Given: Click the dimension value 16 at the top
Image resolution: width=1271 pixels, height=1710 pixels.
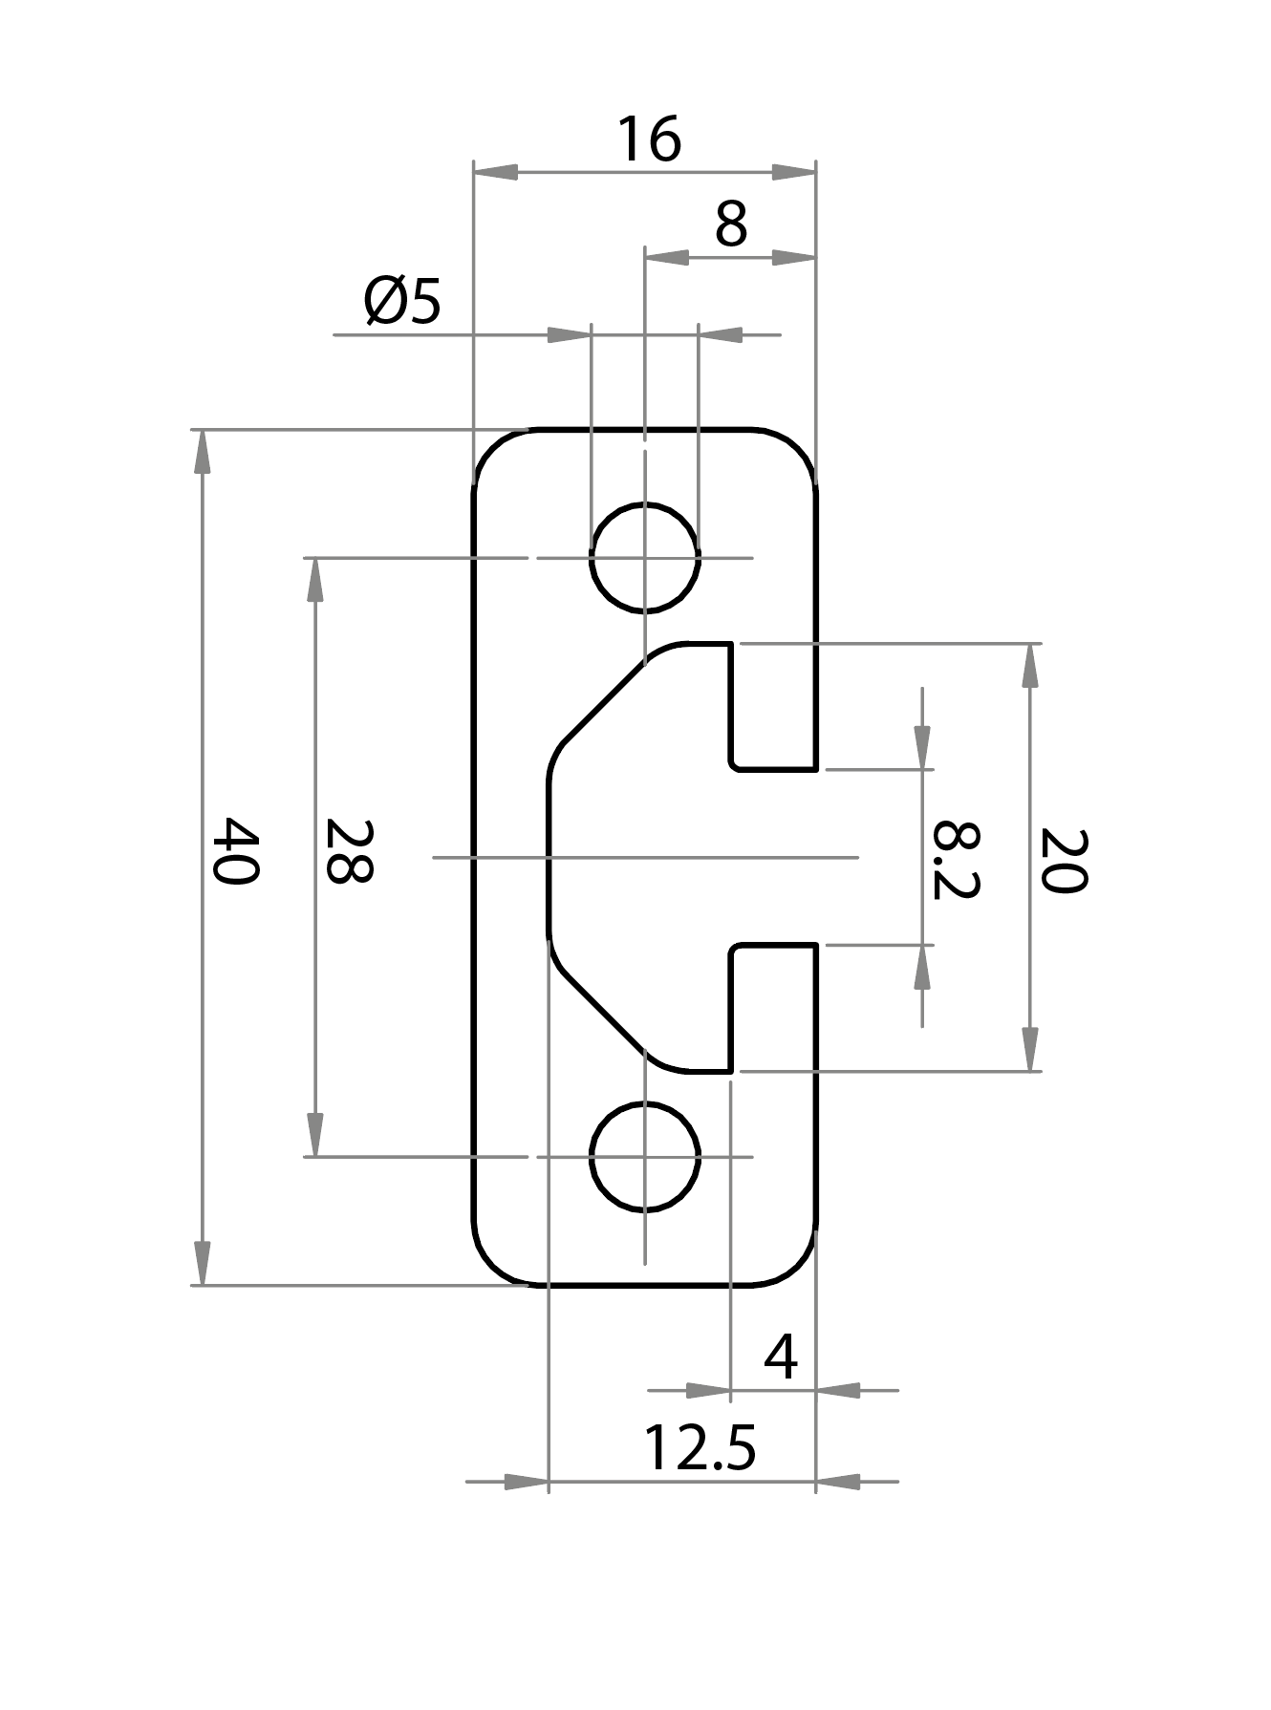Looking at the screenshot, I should point(649,139).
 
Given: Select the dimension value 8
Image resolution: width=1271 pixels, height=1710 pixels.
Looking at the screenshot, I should point(730,225).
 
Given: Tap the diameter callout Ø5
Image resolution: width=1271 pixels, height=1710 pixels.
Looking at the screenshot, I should point(402,302).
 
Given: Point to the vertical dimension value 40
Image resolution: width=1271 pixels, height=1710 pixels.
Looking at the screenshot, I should point(234,850).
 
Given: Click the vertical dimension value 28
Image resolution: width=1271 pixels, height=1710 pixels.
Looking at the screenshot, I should point(348,850).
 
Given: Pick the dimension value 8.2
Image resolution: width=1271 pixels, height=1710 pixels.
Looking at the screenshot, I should point(956,859).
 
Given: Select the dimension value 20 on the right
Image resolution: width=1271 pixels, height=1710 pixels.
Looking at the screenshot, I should point(1064,860).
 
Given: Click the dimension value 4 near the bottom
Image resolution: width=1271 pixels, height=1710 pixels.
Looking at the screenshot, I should point(781,1357).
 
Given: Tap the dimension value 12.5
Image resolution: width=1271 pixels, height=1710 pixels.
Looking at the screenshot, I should point(700,1448).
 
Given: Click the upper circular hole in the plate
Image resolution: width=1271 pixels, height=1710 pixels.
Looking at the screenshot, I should point(645,557).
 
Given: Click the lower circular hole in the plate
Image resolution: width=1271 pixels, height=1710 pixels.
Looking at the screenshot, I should point(645,1156).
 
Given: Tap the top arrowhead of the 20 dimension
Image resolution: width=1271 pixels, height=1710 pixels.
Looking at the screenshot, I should point(1029,665).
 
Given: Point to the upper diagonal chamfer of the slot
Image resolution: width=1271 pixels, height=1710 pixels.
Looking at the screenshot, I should point(602,701).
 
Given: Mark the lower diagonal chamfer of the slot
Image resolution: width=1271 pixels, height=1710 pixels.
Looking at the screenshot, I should point(602,1013).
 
